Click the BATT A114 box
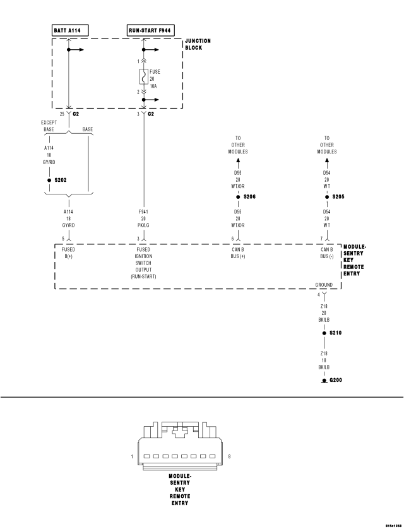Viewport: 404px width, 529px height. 70,30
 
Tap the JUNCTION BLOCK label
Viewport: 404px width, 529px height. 198,44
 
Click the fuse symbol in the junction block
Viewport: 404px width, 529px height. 144,77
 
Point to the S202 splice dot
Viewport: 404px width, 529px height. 49,180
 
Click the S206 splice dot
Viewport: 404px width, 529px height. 238,197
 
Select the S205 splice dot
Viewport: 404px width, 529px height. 326,197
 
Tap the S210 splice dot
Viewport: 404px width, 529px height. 323,333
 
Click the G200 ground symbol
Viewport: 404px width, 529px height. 323,380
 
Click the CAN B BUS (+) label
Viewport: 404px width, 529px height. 238,253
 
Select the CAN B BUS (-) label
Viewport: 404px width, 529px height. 326,253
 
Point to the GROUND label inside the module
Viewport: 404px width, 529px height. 323,285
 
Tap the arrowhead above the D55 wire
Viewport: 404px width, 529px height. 238,162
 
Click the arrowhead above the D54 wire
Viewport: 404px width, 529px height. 326,162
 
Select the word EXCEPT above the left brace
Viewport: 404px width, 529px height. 49,122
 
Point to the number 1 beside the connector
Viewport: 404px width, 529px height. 131,456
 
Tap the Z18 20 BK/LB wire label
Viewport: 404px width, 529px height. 323,314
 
